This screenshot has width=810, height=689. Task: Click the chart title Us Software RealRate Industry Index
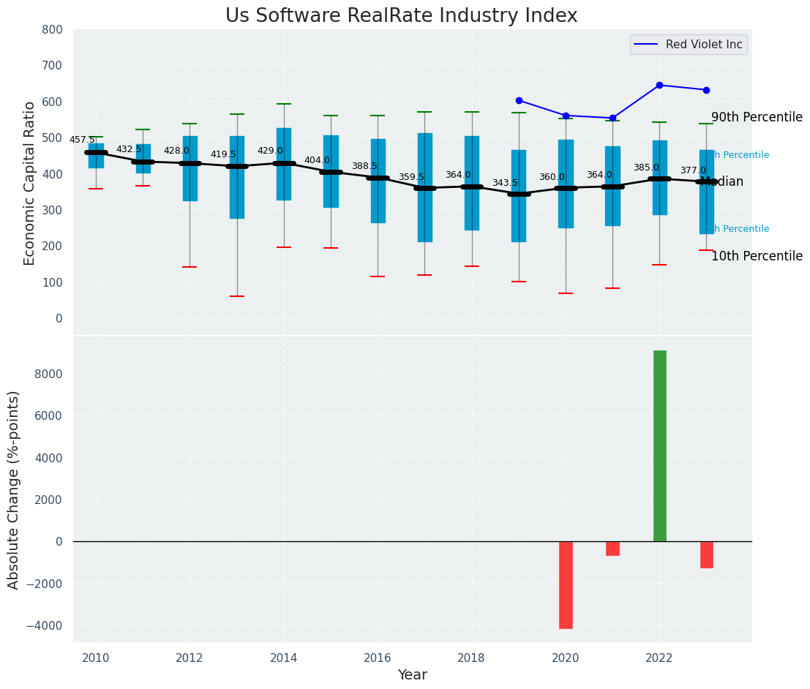401,16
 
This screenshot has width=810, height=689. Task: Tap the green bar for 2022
659,446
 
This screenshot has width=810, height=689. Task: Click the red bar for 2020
566,584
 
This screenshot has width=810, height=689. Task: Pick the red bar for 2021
612,549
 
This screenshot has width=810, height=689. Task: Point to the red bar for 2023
706,554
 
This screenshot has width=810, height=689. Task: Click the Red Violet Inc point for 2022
659,85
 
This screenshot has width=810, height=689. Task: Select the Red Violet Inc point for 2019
519,100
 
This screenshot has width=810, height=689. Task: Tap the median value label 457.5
82,140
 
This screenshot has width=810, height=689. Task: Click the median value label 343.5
505,183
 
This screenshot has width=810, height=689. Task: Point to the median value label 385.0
646,167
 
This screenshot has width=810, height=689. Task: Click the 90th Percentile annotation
757,117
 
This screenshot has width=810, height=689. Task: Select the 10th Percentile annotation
757,256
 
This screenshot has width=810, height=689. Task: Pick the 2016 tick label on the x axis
378,658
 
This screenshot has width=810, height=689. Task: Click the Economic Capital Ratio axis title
30,183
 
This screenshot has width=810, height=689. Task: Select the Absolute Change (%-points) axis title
14,489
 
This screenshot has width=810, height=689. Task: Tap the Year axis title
413,675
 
